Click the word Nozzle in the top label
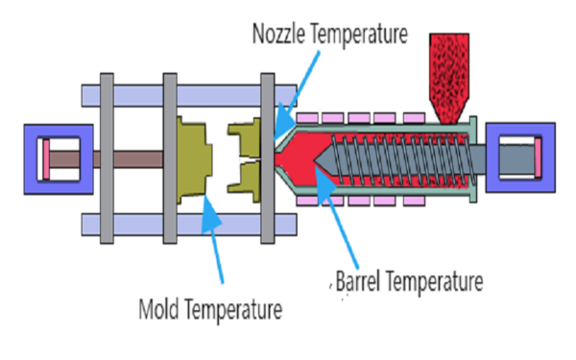coord(280,35)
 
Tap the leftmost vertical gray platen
coord(108,158)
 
